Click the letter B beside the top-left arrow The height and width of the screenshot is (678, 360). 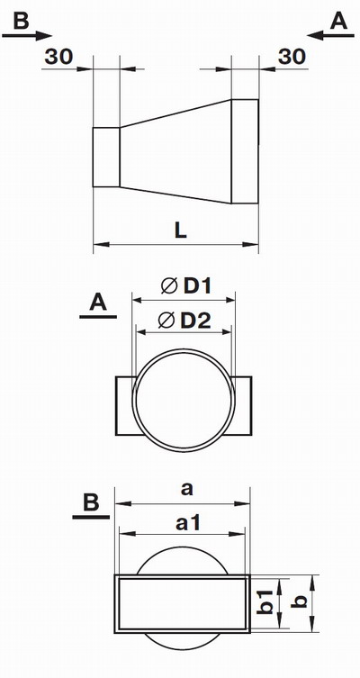(x=21, y=21)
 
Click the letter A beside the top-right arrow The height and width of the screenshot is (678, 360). (x=338, y=21)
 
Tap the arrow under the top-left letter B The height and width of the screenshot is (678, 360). (x=27, y=36)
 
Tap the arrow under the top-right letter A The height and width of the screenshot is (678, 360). (x=330, y=36)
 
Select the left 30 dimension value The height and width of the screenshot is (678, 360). (x=58, y=57)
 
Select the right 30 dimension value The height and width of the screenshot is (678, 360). (x=292, y=57)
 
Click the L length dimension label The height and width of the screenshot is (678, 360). (x=181, y=231)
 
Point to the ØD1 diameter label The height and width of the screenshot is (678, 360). (x=185, y=285)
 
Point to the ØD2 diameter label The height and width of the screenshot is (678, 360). (x=184, y=321)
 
